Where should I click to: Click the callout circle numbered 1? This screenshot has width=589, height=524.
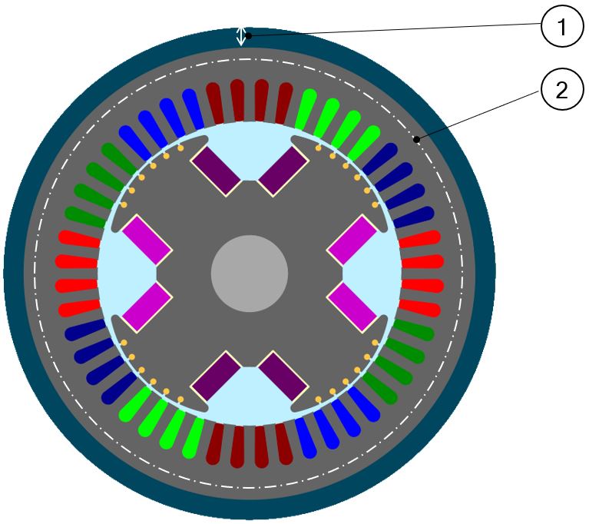tap(562, 28)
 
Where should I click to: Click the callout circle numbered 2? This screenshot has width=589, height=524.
tap(562, 91)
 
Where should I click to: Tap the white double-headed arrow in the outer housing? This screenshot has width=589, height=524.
tap(241, 36)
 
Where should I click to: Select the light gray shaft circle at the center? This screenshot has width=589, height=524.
tap(250, 273)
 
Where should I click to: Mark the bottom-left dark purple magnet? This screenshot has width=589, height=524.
tap(216, 376)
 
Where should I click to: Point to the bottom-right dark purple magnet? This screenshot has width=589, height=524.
tap(283, 376)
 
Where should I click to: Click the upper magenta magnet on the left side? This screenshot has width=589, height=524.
tap(146, 239)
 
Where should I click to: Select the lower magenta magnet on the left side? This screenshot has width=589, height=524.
tap(146, 307)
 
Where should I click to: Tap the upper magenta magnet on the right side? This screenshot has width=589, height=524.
tap(352, 239)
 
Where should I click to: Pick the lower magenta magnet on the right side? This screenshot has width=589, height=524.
tap(352, 307)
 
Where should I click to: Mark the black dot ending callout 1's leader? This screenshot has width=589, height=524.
tap(249, 35)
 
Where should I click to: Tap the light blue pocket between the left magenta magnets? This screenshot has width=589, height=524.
tap(123, 273)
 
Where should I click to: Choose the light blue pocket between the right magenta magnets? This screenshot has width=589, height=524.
tap(376, 273)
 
